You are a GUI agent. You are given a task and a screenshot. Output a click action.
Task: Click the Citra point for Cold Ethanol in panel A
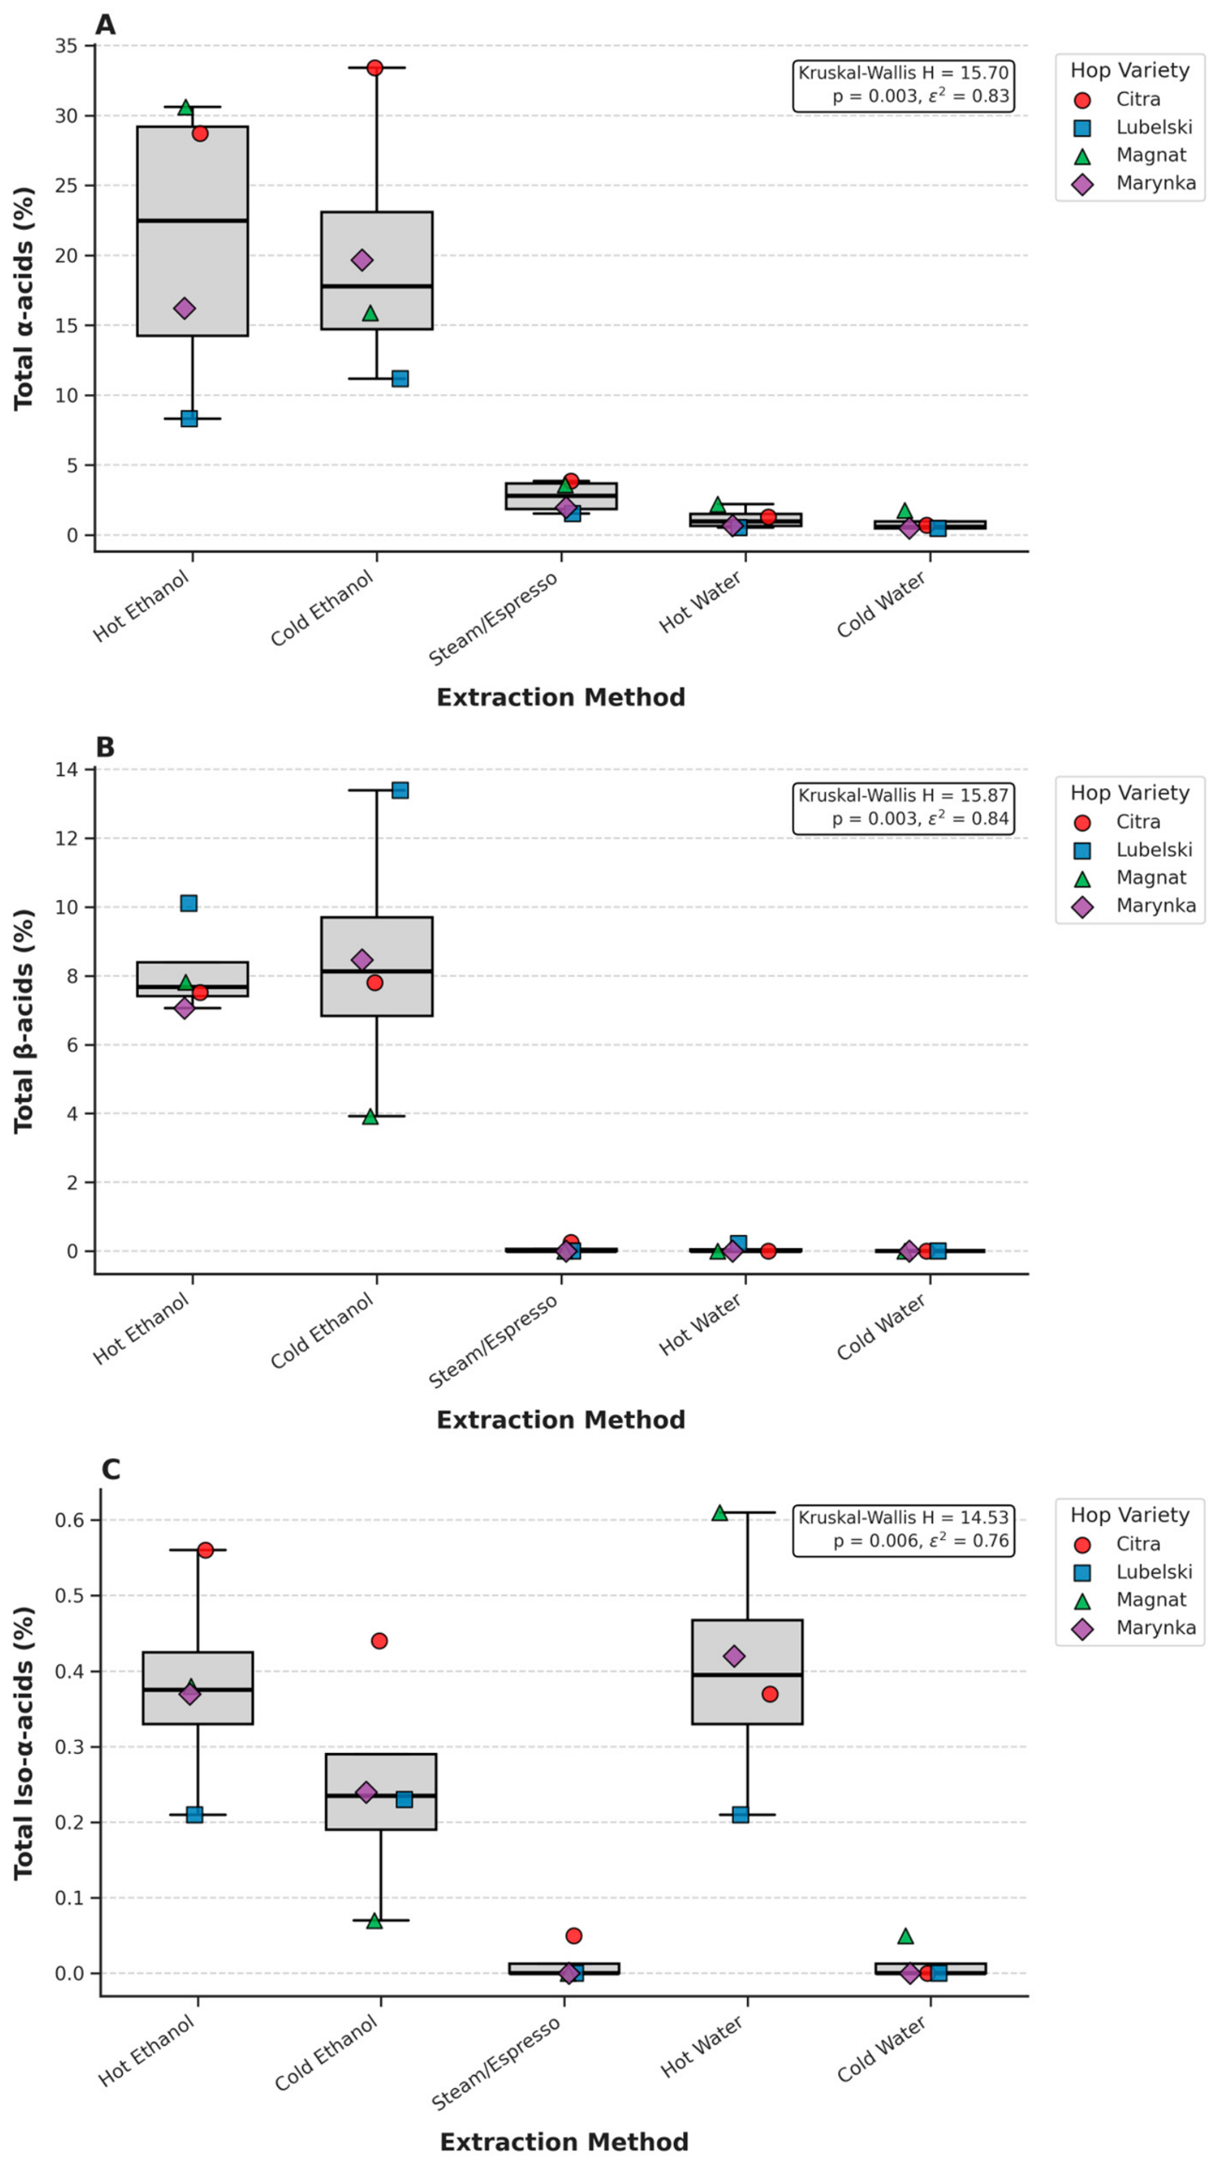pyautogui.click(x=374, y=68)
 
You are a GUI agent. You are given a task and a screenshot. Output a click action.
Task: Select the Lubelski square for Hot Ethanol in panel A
pyautogui.click(x=189, y=419)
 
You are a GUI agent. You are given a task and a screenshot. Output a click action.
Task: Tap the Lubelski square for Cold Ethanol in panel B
pyautogui.click(x=400, y=790)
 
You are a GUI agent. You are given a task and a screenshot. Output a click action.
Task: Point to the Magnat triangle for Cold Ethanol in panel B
pyautogui.click(x=371, y=1116)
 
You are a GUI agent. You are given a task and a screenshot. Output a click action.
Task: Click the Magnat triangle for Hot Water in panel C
pyautogui.click(x=720, y=1512)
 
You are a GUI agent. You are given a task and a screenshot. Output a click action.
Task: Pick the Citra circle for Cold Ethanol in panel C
pyautogui.click(x=379, y=1640)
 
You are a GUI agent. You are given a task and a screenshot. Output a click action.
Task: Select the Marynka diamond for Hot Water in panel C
pyautogui.click(x=734, y=1655)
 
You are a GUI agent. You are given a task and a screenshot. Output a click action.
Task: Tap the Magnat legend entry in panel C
pyautogui.click(x=1133, y=1600)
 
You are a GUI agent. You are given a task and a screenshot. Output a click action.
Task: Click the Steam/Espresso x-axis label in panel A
pyautogui.click(x=494, y=618)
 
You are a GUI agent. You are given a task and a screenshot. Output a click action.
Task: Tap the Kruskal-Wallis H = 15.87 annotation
pyautogui.click(x=904, y=795)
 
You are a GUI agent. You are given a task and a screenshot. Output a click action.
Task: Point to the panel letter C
pyautogui.click(x=110, y=1469)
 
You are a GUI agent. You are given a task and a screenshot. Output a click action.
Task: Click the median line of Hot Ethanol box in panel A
pyautogui.click(x=192, y=221)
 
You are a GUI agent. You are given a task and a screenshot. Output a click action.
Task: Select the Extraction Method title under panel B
pyautogui.click(x=561, y=1420)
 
